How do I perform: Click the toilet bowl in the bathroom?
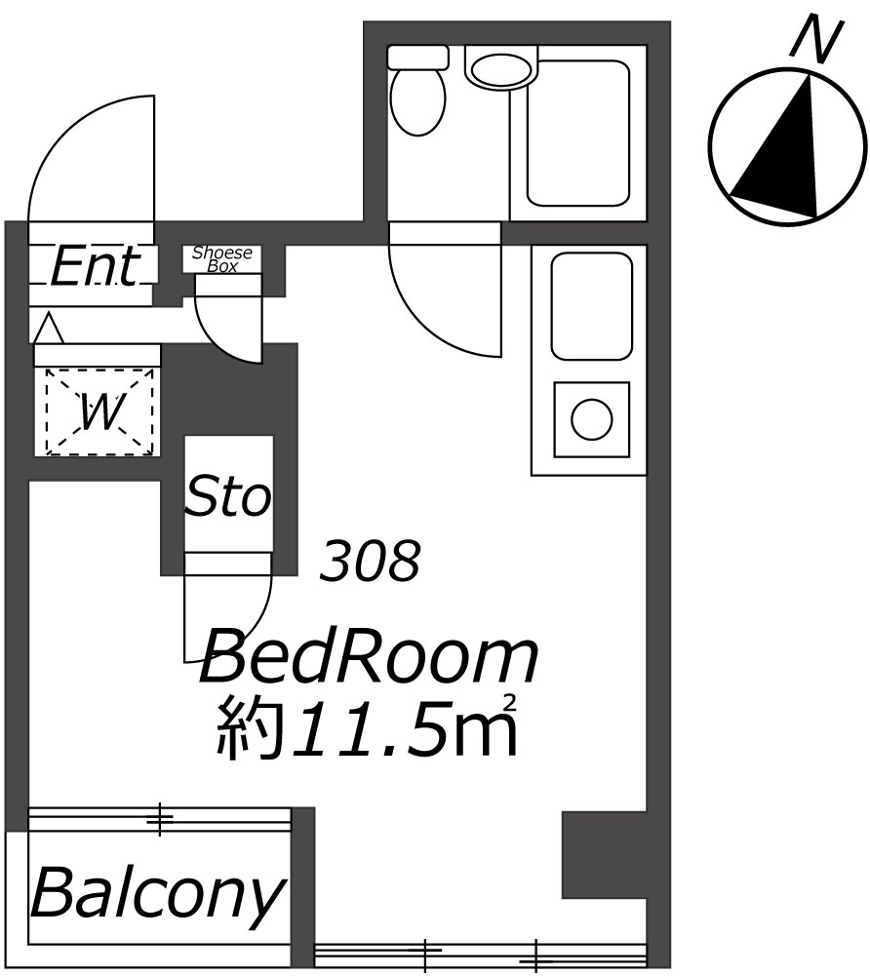(x=417, y=99)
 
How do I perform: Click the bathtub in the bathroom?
(x=578, y=134)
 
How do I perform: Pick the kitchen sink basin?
(x=591, y=305)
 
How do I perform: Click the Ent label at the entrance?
(x=94, y=267)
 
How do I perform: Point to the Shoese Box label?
(x=222, y=259)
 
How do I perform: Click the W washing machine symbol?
(x=99, y=411)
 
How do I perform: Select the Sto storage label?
(x=229, y=495)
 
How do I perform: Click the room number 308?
(x=370, y=561)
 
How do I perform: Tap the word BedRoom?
(x=369, y=657)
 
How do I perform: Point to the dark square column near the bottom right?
(x=604, y=854)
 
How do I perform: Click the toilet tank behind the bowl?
(x=417, y=57)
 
